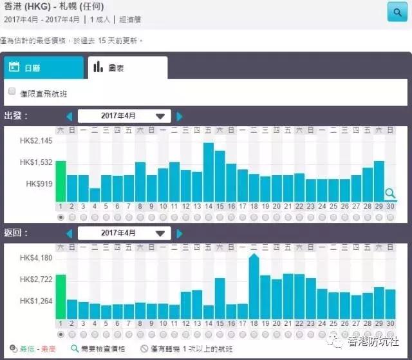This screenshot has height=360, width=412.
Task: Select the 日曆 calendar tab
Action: pyautogui.click(x=43, y=67)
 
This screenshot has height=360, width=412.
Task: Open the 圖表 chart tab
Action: pyautogui.click(x=126, y=67)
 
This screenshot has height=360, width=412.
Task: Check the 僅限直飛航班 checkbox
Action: pyautogui.click(x=12, y=92)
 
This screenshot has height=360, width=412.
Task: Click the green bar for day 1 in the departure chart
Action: pyautogui.click(x=61, y=181)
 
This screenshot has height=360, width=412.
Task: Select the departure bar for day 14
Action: pyautogui.click(x=208, y=172)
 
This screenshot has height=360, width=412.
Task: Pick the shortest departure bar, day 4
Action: pyautogui.click(x=95, y=194)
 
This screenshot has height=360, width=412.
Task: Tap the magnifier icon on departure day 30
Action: pyautogui.click(x=390, y=193)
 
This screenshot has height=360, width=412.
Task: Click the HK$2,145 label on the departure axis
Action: pyautogui.click(x=36, y=141)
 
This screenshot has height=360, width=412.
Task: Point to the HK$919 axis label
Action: pyautogui.click(x=39, y=184)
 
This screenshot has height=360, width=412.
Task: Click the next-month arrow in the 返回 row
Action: pyautogui.click(x=180, y=233)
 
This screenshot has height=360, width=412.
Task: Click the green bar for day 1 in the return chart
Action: pyautogui.click(x=61, y=296)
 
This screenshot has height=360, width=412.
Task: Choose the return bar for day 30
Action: pyautogui.click(x=390, y=303)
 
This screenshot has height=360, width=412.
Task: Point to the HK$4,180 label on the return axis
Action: pyautogui.click(x=36, y=258)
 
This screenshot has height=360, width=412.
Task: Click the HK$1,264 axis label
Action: pyautogui.click(x=36, y=301)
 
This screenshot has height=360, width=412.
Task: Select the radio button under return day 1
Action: pyautogui.click(x=61, y=334)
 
